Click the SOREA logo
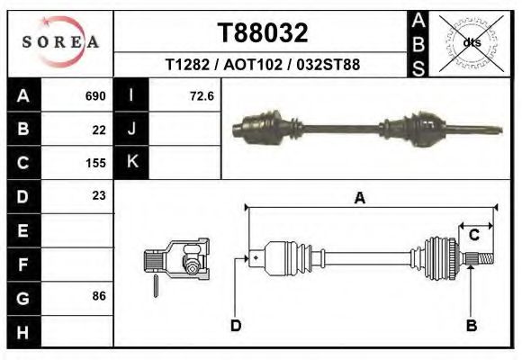pos(60,42)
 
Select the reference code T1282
pos(186,65)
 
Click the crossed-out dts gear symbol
pos(471,42)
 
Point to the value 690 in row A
pos(94,96)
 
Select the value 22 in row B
pos(99,130)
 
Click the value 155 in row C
pos(94,163)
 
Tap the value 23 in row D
pos(99,195)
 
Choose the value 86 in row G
pos(99,296)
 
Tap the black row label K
pos(131,163)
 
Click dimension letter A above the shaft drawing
pos(359,199)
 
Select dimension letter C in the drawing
pos(473,235)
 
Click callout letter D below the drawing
pos(236,325)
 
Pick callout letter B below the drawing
pos(471,325)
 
